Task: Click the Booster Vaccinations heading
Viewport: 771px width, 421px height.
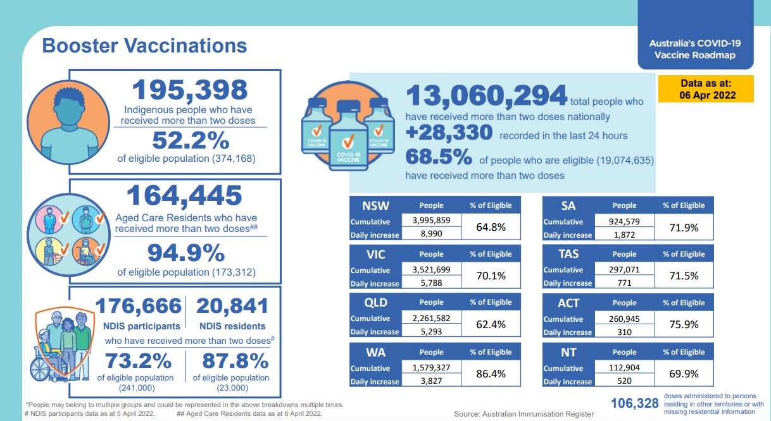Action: [x=144, y=46]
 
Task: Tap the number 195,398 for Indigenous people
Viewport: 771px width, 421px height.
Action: [x=189, y=90]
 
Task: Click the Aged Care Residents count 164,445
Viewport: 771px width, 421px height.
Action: [x=184, y=196]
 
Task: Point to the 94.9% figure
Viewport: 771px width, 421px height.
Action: [x=186, y=253]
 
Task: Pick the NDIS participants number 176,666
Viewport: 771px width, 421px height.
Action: [x=138, y=306]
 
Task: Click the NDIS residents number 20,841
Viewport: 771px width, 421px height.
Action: [x=232, y=306]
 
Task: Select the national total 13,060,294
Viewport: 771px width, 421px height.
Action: [x=486, y=96]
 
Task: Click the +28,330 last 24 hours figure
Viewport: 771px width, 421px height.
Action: [x=449, y=133]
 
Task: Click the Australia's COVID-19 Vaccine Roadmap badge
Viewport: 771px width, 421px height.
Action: [x=695, y=49]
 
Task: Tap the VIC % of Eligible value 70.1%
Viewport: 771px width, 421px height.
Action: [x=491, y=276]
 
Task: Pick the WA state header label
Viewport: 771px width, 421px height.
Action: [x=375, y=352]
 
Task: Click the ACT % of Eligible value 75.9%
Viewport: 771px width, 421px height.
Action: [x=684, y=324]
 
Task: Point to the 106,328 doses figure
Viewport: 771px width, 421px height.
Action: [x=635, y=403]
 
